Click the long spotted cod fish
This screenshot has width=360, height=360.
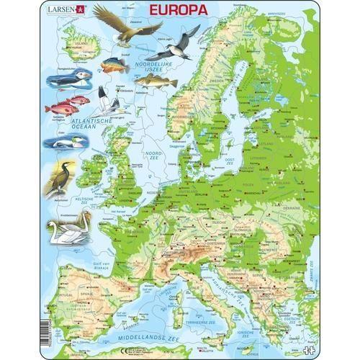(x=155, y=81)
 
